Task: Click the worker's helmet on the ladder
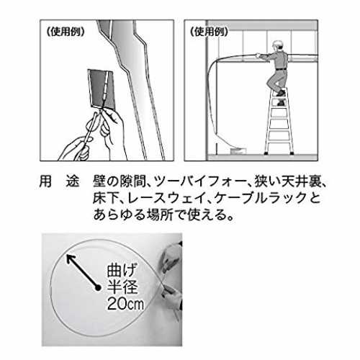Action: pos(277,44)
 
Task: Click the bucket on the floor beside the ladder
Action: pos(238,151)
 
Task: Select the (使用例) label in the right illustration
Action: pos(209,32)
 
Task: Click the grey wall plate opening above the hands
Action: pos(102,89)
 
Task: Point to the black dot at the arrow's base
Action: pos(98,288)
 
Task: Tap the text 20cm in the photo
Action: pos(125,304)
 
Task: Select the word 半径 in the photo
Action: pos(122,287)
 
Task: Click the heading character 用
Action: pos(45,181)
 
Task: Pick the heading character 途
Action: pos(73,181)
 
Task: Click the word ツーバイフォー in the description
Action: pos(200,181)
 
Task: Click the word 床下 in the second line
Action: pos(106,198)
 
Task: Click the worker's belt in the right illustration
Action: pos(281,69)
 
